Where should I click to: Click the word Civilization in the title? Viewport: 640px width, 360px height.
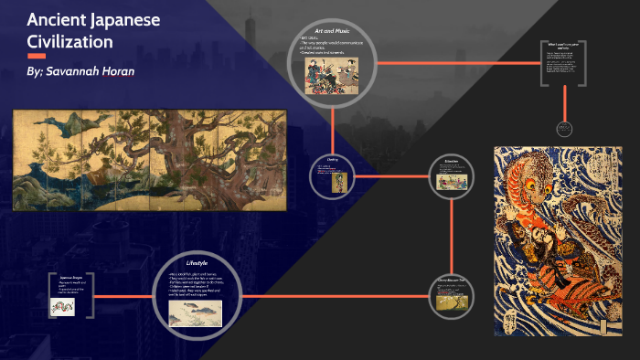69,41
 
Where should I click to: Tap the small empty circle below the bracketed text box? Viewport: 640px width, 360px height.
562,129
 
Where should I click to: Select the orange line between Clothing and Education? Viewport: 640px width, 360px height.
393,175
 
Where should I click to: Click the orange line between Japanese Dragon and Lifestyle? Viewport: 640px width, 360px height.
123,296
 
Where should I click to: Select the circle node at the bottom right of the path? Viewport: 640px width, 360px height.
452,296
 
